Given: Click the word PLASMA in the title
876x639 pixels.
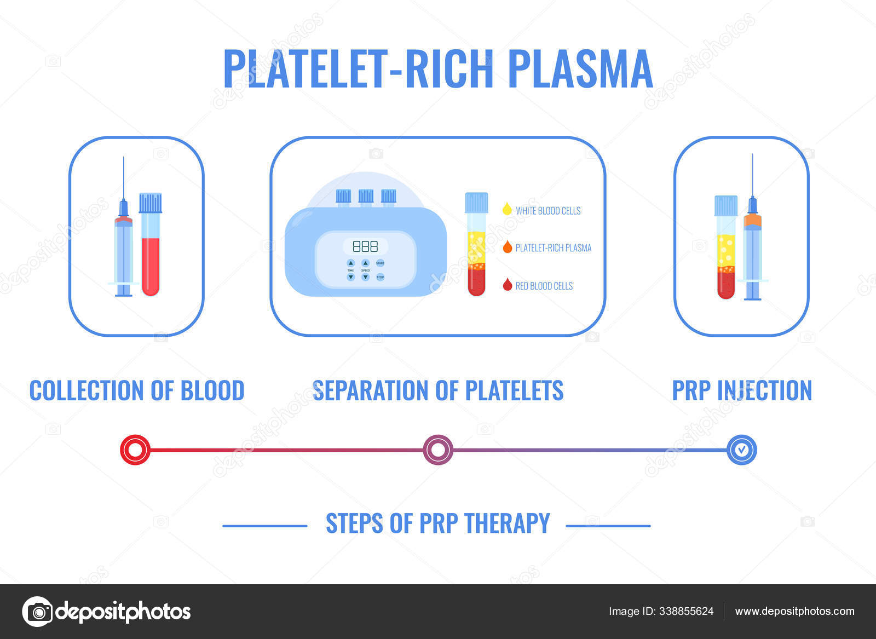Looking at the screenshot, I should coord(580,69).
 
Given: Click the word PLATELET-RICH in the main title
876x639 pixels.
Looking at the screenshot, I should coord(358,69).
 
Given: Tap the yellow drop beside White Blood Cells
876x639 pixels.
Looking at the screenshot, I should coord(507,209).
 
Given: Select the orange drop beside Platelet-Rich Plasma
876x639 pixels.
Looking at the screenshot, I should coord(508,247).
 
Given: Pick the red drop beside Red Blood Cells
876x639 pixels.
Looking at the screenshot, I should coord(508,285).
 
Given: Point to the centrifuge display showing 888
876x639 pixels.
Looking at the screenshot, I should coord(365,246).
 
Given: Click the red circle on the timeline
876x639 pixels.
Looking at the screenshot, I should coord(135,450).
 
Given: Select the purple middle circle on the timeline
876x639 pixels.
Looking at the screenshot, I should coord(438,450).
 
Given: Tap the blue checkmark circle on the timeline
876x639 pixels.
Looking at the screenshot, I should coord(741,450).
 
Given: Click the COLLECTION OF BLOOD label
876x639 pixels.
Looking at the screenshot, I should coord(137,391).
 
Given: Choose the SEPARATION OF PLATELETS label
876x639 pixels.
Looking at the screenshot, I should coord(438,391).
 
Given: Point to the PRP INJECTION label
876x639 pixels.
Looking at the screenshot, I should coord(742,391).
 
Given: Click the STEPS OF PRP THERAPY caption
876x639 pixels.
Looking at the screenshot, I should coord(438,523).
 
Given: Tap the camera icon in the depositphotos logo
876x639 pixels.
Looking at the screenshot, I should coord(38,611).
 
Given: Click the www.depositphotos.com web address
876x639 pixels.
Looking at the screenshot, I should coord(794,611).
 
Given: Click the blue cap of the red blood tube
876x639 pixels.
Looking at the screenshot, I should coord(151,203).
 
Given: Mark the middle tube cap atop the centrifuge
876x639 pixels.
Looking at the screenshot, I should coord(366,195).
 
